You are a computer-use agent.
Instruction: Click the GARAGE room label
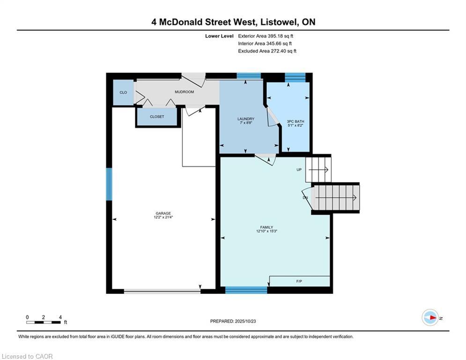tap(163, 213)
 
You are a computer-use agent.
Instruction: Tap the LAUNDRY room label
tap(246, 119)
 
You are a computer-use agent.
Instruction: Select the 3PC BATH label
tap(296, 121)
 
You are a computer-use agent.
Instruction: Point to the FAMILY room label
tap(266, 227)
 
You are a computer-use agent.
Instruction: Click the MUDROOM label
tap(184, 92)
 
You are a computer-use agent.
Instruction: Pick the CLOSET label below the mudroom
tap(157, 117)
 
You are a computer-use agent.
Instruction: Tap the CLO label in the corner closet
tap(123, 92)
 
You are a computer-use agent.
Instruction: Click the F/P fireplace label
tap(299, 281)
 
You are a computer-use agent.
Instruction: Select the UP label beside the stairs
tap(299, 170)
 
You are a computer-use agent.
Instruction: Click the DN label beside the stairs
tap(305, 197)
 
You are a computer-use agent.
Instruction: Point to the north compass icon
tap(430, 318)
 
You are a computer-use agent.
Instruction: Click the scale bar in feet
tap(44, 322)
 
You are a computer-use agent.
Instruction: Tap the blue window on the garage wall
tap(110, 184)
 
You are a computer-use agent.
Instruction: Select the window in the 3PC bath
tap(295, 77)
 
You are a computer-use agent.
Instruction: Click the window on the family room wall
tap(246, 290)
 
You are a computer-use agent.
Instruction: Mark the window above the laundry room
tap(249, 76)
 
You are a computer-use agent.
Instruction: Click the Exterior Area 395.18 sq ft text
tap(266, 36)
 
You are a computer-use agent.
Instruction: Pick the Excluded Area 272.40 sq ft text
tap(267, 51)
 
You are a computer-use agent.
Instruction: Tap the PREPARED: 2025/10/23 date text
tap(233, 321)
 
